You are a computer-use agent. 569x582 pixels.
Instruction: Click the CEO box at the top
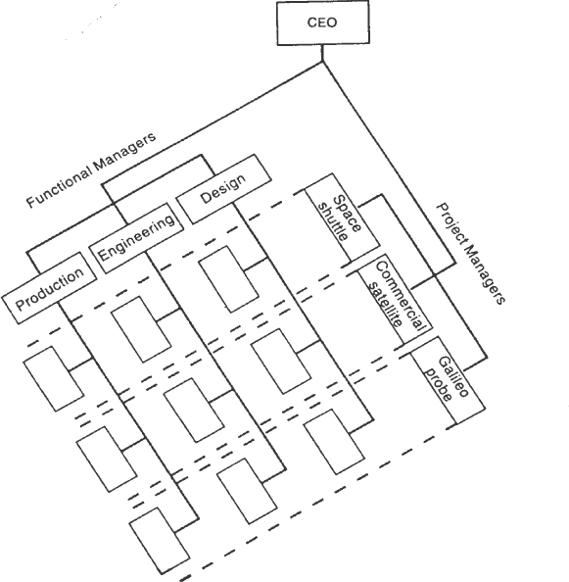tap(323, 23)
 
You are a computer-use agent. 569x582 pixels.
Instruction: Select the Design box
tap(223, 189)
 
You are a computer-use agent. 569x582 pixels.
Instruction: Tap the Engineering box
tap(136, 238)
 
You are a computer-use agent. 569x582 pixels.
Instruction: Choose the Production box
tap(49, 288)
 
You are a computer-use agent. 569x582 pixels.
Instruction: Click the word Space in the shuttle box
tap(347, 215)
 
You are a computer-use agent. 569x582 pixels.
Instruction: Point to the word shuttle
tap(333, 222)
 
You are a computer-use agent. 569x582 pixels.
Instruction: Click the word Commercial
tap(400, 296)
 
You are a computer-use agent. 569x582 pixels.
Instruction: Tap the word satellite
tap(386, 305)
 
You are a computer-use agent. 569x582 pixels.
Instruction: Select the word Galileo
tap(453, 376)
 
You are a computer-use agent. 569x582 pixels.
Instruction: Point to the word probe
tap(439, 385)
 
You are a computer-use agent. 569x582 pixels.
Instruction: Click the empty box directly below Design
tap(228, 279)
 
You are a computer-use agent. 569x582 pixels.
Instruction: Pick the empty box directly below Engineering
tap(141, 329)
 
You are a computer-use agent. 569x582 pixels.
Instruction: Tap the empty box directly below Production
tap(54, 379)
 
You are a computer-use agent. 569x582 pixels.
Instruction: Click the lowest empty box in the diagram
tap(160, 541)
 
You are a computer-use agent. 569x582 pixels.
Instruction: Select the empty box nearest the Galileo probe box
tap(334, 442)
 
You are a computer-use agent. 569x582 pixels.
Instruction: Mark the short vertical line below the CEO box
tap(322, 53)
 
